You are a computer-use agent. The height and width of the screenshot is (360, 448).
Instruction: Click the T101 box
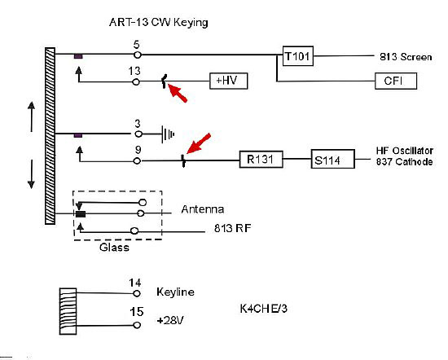[297, 56]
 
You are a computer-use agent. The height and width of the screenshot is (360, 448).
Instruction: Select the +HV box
[229, 81]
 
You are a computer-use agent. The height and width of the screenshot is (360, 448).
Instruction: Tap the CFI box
[396, 81]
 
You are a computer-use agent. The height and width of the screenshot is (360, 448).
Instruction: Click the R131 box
[261, 159]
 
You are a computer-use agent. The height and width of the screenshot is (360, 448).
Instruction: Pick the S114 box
[333, 159]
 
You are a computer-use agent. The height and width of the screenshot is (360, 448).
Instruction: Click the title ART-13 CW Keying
[159, 22]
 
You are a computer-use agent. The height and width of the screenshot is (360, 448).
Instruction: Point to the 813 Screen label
[406, 57]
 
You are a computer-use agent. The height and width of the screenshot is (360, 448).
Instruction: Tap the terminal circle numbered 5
[138, 55]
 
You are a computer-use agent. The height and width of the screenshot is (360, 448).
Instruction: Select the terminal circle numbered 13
[136, 82]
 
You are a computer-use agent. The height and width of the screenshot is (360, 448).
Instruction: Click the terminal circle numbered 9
[137, 160]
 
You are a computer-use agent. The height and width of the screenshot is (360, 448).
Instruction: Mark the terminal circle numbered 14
[137, 293]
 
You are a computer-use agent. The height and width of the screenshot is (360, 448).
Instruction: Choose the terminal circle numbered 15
[137, 325]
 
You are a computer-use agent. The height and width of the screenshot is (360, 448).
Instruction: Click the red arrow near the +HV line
[177, 92]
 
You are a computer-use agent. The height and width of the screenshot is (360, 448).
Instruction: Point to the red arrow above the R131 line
[199, 143]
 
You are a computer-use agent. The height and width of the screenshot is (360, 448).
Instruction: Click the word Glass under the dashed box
[114, 248]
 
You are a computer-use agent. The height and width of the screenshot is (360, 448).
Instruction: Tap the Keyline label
[175, 292]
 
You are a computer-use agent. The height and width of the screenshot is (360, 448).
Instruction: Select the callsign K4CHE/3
[263, 309]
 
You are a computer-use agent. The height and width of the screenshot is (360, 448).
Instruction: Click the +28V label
[169, 320]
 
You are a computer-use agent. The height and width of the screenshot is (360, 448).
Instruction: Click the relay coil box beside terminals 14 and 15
[68, 311]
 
